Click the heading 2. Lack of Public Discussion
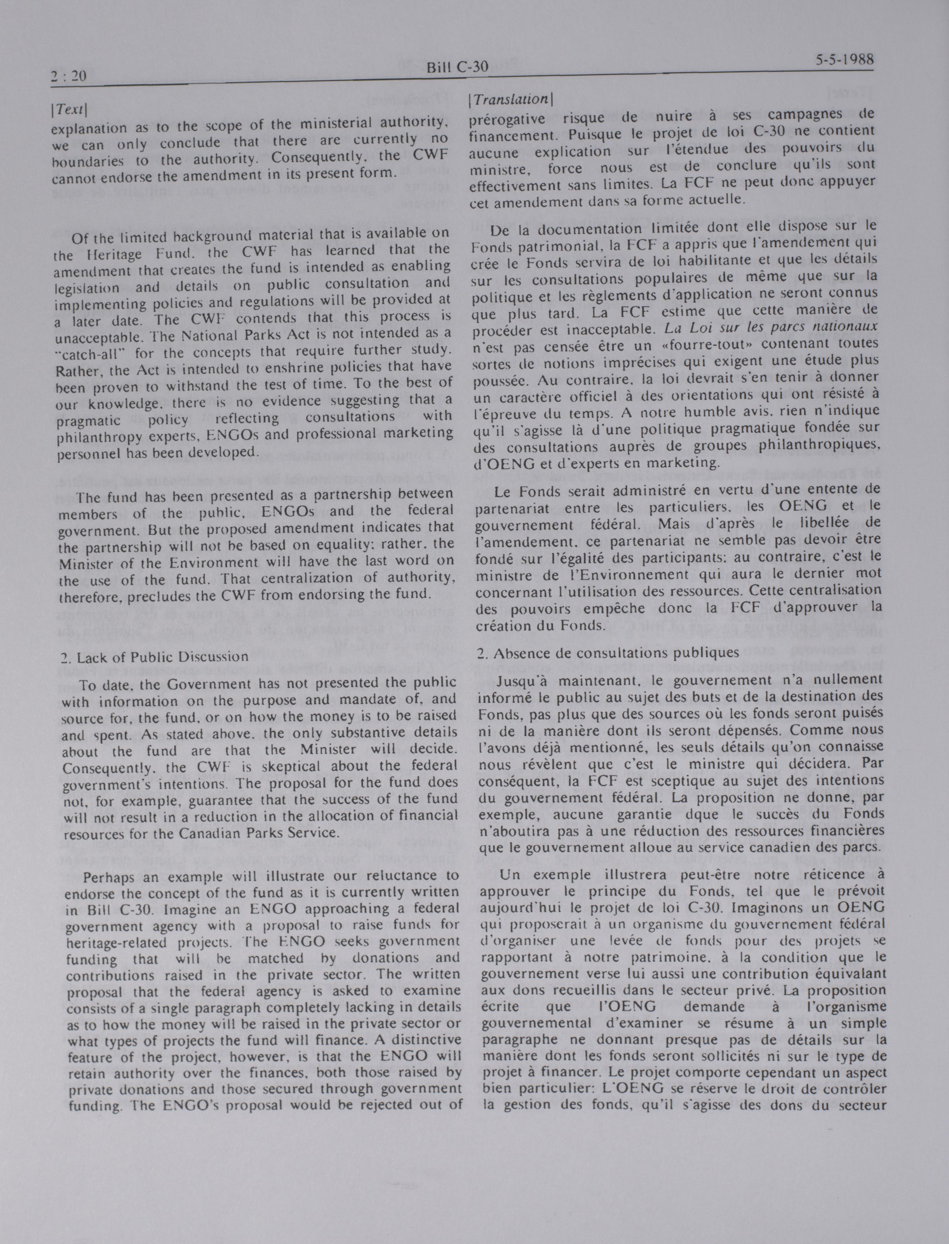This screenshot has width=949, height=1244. point(154,657)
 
